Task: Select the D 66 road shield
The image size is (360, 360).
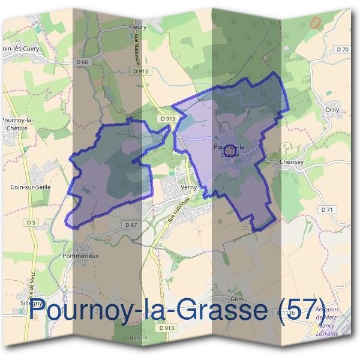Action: pyautogui.click(x=83, y=62)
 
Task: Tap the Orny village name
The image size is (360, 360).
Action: pyautogui.click(x=332, y=110)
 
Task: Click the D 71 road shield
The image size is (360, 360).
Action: pyautogui.click(x=326, y=210)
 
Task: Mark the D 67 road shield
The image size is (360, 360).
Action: pyautogui.click(x=131, y=224)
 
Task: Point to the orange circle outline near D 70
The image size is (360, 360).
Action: pyautogui.click(x=315, y=23)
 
